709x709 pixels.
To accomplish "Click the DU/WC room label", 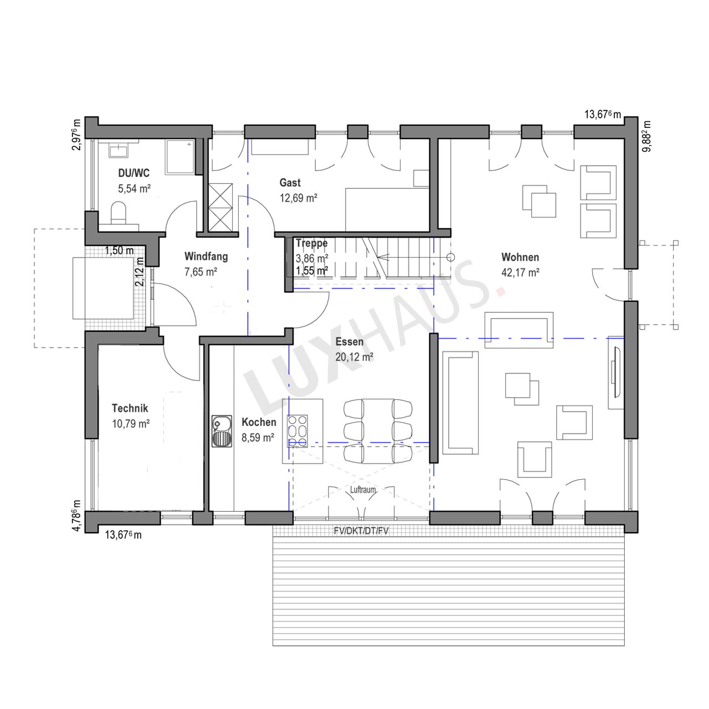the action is click(134, 173).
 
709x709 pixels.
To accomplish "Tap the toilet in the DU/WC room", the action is click(119, 213).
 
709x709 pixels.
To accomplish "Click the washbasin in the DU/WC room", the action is click(119, 151).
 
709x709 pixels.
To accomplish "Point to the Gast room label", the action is click(290, 182).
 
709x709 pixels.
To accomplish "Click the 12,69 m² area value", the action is click(299, 198).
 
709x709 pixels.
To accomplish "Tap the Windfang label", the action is click(206, 256).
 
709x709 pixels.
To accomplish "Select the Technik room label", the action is click(130, 408).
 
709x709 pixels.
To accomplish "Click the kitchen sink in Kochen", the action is click(222, 431).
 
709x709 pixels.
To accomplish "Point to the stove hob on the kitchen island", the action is click(297, 430).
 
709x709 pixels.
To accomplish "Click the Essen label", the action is click(349, 342).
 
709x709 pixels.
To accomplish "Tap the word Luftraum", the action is click(363, 490).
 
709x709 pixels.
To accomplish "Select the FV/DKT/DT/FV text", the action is click(361, 531).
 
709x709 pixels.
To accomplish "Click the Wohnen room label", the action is click(520, 257).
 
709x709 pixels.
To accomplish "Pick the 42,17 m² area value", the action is click(520, 273).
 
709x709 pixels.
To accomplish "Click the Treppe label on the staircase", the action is click(312, 243).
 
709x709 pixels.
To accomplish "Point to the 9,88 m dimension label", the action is click(646, 136).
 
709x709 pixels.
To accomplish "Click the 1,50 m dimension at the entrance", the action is click(119, 250).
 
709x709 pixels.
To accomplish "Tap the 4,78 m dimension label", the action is click(76, 516).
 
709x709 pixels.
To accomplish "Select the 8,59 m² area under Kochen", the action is click(258, 438).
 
